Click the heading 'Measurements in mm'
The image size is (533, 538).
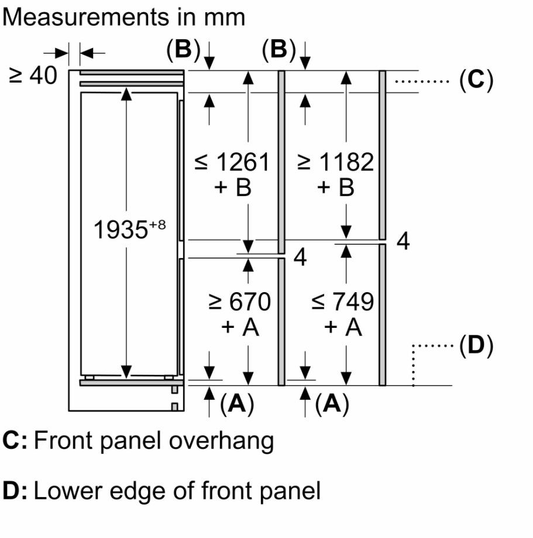pos(124,17)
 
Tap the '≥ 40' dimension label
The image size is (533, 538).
pos(33,76)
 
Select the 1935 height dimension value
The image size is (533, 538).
pos(121,230)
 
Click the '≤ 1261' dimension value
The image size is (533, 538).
pos(232,162)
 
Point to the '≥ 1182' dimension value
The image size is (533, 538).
pos(335,162)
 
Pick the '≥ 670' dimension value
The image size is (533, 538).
pos(240,302)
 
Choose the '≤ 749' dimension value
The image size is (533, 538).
pos(342,302)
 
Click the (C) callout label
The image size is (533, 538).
pos(476,80)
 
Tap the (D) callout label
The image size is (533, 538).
pos(476,345)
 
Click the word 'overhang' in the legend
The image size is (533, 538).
pos(222,441)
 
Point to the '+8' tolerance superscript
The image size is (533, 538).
pos(157,225)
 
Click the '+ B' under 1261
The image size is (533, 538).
pos(233,187)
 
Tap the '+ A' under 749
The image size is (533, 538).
pos(343,327)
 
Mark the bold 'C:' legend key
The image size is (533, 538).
pos(15,440)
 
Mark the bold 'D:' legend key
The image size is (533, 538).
pos(15,491)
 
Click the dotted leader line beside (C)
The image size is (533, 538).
pos(422,81)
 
